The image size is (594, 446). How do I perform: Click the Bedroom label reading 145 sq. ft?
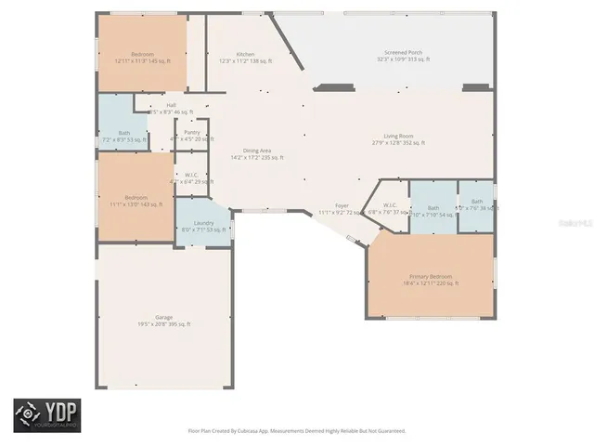[x=142, y=58]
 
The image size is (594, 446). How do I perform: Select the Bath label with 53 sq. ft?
[x=124, y=136]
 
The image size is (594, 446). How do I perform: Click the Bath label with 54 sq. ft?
[x=432, y=211]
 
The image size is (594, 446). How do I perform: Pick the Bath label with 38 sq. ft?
[x=477, y=204]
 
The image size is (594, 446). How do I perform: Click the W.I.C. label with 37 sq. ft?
[x=389, y=208]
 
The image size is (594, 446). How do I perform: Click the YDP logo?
[x=46, y=415]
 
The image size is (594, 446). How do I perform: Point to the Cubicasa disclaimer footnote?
[x=296, y=431]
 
